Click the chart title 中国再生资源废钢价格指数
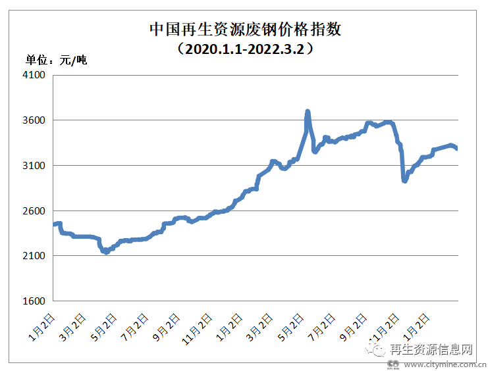pos(244,30)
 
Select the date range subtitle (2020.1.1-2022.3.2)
pos(244,49)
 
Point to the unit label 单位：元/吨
pos(57,61)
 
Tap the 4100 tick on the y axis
pos(33,75)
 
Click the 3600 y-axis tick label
pos(33,120)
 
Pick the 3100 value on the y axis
pos(33,166)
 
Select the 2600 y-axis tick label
pos(33,210)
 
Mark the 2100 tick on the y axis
pos(33,256)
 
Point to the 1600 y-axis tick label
pos(33,301)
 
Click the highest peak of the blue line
pos(308,112)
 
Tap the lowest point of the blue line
pos(105,252)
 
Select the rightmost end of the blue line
pos(458,149)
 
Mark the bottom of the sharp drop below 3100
pos(404,181)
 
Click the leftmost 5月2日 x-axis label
pos(103,326)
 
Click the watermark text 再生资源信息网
pos(431,349)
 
